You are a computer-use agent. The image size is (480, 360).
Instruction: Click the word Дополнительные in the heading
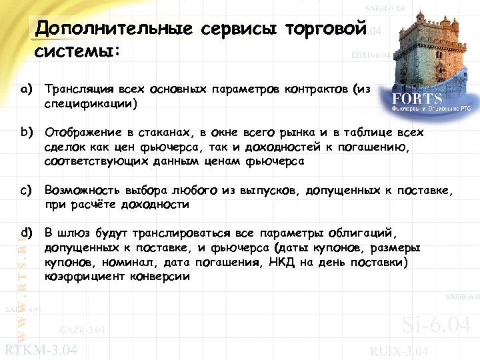point(114,29)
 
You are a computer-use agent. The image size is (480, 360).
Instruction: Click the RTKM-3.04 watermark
point(41,350)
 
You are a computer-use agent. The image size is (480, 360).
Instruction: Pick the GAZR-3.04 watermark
point(81,330)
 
